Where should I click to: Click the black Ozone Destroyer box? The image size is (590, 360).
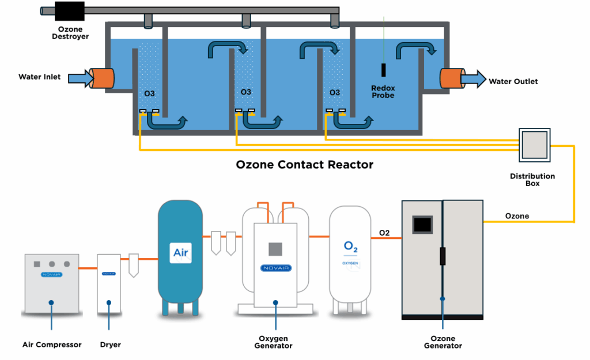69,11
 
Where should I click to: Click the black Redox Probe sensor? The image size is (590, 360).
384,70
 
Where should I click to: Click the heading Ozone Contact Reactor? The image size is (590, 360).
305,165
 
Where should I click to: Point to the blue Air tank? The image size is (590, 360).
180,253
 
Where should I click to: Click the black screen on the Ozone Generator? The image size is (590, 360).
422,224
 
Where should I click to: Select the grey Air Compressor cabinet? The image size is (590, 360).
51,282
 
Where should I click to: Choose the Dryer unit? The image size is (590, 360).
108,282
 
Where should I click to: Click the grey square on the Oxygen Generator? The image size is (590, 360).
275,248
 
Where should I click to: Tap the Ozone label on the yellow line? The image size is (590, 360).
517,216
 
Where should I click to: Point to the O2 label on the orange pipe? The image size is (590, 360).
384,233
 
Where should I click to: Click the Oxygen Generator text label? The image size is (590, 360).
274,342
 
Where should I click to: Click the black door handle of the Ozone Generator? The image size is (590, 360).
442,256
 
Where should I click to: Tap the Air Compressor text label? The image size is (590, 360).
52,345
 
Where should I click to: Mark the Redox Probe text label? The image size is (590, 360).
383,92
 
